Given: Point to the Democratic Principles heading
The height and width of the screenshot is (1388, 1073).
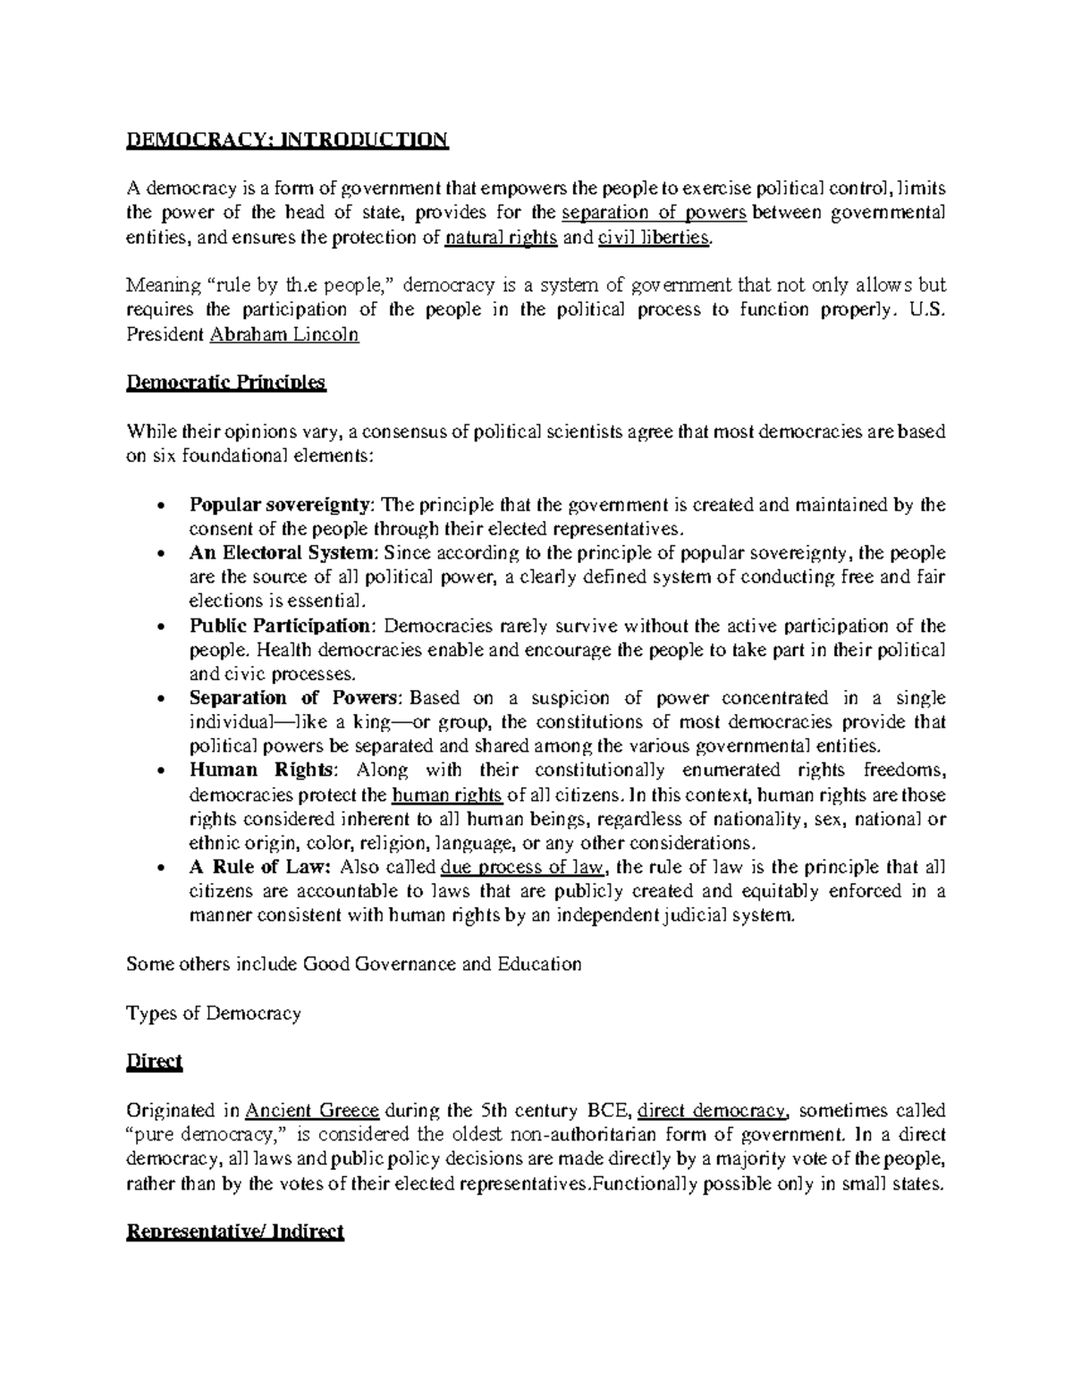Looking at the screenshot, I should click(226, 383).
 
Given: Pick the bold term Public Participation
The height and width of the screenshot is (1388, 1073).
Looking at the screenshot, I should click(280, 626).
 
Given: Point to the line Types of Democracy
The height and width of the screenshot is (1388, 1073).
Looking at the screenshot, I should click(214, 1014).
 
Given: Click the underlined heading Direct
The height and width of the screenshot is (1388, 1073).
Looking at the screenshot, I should click(154, 1062).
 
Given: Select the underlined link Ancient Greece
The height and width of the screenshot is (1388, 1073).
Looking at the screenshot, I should click(313, 1111).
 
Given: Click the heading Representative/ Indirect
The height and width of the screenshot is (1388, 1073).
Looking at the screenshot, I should click(235, 1232).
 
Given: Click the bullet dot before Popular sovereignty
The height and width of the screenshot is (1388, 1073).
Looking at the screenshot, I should click(159, 506).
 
